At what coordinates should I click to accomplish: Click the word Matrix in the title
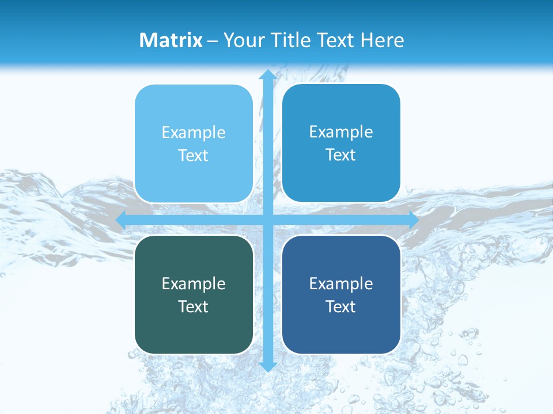(171, 40)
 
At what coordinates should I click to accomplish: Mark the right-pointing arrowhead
(412, 220)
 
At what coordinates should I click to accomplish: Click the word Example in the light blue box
(194, 133)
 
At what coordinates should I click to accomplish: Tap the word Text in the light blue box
(194, 155)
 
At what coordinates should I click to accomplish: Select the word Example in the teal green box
(194, 284)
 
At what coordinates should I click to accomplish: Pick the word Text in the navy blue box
(341, 306)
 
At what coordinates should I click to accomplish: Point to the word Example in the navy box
(341, 284)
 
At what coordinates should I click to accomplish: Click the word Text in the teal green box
(194, 306)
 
